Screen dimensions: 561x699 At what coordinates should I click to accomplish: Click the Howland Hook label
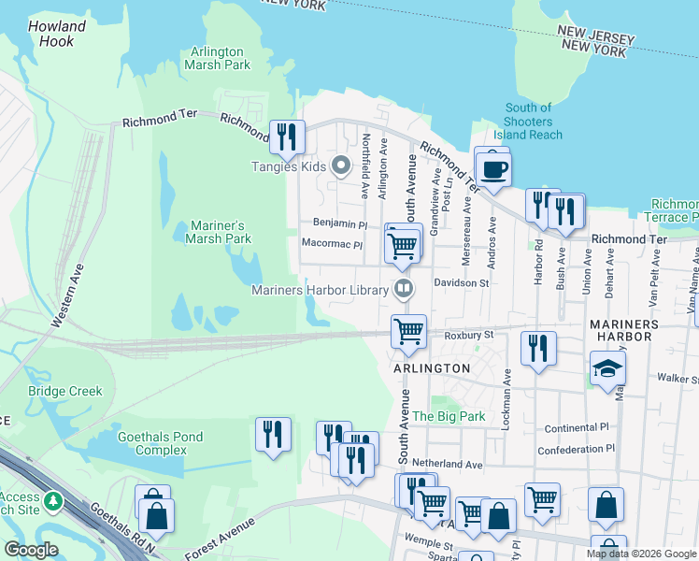(x=57, y=35)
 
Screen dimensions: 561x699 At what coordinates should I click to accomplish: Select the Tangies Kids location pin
(x=341, y=167)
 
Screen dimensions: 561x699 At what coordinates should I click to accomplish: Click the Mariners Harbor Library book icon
(x=404, y=289)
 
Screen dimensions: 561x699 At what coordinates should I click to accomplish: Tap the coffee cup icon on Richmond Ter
(x=492, y=169)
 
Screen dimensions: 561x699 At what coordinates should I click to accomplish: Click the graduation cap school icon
(x=607, y=369)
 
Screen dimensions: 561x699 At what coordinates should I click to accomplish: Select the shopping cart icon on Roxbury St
(x=408, y=330)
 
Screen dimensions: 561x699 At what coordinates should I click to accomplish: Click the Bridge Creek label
(x=64, y=391)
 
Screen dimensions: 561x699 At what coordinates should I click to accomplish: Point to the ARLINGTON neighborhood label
(x=432, y=368)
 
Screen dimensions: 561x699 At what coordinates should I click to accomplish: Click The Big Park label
(x=448, y=416)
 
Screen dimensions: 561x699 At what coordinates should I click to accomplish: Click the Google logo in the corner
(x=31, y=550)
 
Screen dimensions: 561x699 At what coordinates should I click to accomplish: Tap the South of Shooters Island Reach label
(x=530, y=122)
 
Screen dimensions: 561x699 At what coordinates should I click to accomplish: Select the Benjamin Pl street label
(x=340, y=224)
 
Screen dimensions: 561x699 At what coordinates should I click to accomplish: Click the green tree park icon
(x=53, y=502)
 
